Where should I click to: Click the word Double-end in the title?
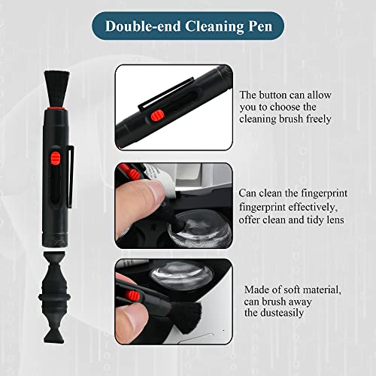(x=143, y=26)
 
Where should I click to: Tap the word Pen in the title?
(x=260, y=26)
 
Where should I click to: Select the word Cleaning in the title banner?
(x=214, y=26)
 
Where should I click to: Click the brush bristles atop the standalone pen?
(x=57, y=89)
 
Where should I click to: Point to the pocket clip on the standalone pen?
(x=71, y=177)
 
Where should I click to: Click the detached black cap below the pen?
(x=54, y=297)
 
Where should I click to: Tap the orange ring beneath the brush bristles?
(x=56, y=109)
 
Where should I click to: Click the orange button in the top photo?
(x=158, y=116)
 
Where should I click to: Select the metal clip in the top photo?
(x=166, y=93)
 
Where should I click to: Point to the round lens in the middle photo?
(x=200, y=228)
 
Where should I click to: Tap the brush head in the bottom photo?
(x=186, y=318)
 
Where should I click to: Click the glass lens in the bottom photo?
(x=181, y=276)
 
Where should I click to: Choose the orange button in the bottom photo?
(x=132, y=296)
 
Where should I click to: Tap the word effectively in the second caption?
(x=311, y=208)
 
